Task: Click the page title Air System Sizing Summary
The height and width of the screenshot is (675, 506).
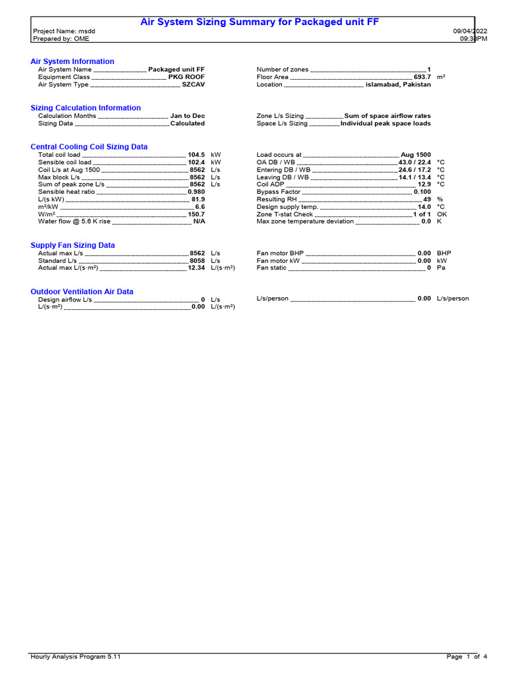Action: pyautogui.click(x=260, y=22)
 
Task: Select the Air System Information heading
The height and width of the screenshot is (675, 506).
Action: pyautogui.click(x=72, y=61)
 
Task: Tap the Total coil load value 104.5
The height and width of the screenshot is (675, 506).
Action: pyautogui.click(x=196, y=154)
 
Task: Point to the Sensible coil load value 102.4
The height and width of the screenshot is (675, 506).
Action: pyautogui.click(x=196, y=162)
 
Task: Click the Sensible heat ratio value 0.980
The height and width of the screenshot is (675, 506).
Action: pyautogui.click(x=196, y=192)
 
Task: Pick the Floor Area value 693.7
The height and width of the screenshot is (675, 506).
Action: pyautogui.click(x=422, y=77)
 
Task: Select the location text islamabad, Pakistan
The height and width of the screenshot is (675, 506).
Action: pyautogui.click(x=398, y=84)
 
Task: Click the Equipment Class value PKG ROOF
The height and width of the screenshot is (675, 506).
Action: pyautogui.click(x=186, y=77)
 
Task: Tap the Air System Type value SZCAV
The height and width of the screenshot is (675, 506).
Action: pyautogui.click(x=193, y=84)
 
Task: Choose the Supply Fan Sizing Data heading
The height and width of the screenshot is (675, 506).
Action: pyautogui.click(x=72, y=245)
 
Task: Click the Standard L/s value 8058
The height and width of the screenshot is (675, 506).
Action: pyautogui.click(x=197, y=260)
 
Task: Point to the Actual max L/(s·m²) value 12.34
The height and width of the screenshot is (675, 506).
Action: pyautogui.click(x=196, y=268)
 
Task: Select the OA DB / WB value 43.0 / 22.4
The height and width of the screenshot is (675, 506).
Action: pyautogui.click(x=414, y=162)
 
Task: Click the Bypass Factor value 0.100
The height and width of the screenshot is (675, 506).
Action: pyautogui.click(x=422, y=192)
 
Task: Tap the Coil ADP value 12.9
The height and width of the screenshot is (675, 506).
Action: pyautogui.click(x=424, y=185)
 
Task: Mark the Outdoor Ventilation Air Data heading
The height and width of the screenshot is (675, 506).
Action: pyautogui.click(x=82, y=291)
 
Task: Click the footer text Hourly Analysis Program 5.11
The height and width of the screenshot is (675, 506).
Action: pyautogui.click(x=75, y=657)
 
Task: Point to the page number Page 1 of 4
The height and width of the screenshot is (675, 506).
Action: pyautogui.click(x=466, y=657)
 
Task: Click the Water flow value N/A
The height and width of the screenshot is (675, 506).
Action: pyautogui.click(x=198, y=221)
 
